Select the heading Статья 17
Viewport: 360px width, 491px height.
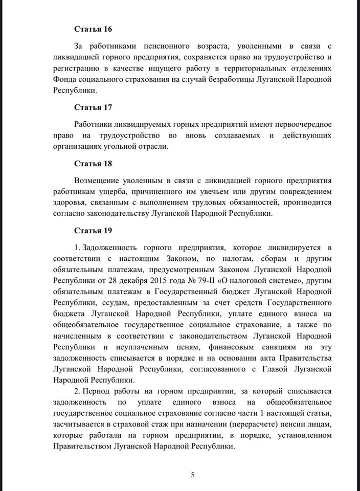point(93,107)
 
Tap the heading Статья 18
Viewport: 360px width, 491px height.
point(93,164)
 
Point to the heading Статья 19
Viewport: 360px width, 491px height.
point(93,231)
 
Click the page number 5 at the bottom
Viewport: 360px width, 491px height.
point(192,475)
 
